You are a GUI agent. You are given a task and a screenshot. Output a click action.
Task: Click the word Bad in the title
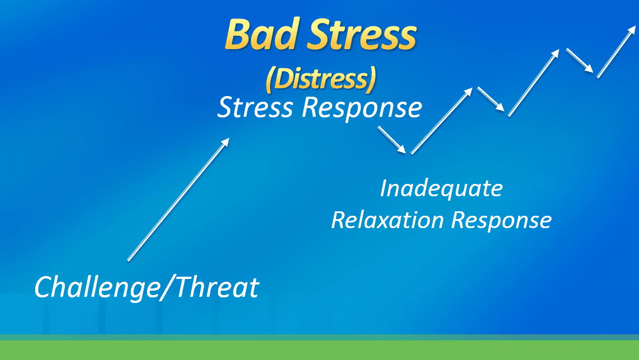(x=262, y=34)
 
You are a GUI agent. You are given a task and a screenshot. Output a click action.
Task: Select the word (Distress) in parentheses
(x=321, y=78)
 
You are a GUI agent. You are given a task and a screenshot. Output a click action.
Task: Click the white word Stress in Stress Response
(x=255, y=107)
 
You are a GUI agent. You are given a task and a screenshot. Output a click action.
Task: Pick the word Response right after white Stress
(x=362, y=109)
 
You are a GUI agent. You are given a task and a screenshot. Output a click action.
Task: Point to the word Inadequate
(x=441, y=189)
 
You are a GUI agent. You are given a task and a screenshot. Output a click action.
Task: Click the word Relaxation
(x=387, y=220)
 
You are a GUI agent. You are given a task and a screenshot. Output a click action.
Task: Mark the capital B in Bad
(x=238, y=34)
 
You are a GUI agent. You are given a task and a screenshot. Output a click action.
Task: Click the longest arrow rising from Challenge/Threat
(x=178, y=200)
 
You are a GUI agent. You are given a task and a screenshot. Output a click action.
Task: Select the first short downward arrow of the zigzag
(x=392, y=140)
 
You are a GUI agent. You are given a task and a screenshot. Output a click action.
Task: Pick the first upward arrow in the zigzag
(x=442, y=121)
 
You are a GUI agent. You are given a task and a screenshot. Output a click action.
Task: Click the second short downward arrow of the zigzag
(x=491, y=99)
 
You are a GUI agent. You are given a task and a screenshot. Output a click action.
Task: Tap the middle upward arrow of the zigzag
(x=533, y=83)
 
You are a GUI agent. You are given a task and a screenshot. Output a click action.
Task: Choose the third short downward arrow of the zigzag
(x=580, y=61)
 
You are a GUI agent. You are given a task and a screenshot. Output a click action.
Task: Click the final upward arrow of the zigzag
(x=616, y=52)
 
